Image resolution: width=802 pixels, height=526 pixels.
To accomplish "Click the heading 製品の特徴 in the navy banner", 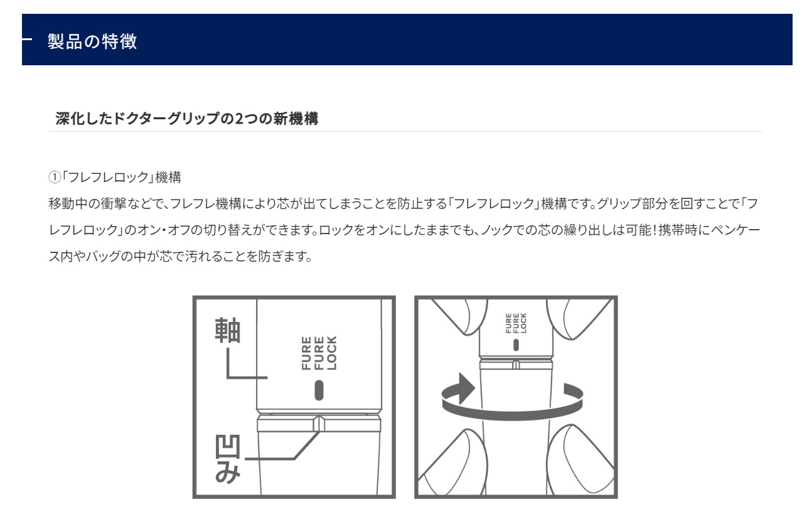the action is click(x=92, y=41).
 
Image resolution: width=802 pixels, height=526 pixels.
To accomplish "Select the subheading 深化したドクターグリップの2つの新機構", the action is click(x=186, y=119).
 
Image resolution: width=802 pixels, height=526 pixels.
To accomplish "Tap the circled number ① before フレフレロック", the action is click(x=55, y=177).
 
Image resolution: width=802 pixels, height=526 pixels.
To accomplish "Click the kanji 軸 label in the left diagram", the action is click(x=227, y=330).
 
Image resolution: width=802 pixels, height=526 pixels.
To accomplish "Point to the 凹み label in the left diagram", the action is click(x=228, y=459).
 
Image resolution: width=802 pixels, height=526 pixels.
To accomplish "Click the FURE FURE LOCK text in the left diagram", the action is click(x=319, y=353).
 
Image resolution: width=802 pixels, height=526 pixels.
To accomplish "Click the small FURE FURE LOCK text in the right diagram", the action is click(x=516, y=323).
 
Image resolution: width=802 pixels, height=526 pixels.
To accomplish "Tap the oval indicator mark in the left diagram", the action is click(x=319, y=390).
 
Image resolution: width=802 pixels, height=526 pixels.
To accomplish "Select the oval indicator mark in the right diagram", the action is click(x=516, y=345).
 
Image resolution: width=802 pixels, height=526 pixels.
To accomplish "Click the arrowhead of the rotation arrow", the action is click(x=466, y=388).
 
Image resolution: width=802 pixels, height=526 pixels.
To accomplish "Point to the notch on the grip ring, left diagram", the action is click(x=319, y=423).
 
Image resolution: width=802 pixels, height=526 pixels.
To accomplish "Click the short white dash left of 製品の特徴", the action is click(x=27, y=39).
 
